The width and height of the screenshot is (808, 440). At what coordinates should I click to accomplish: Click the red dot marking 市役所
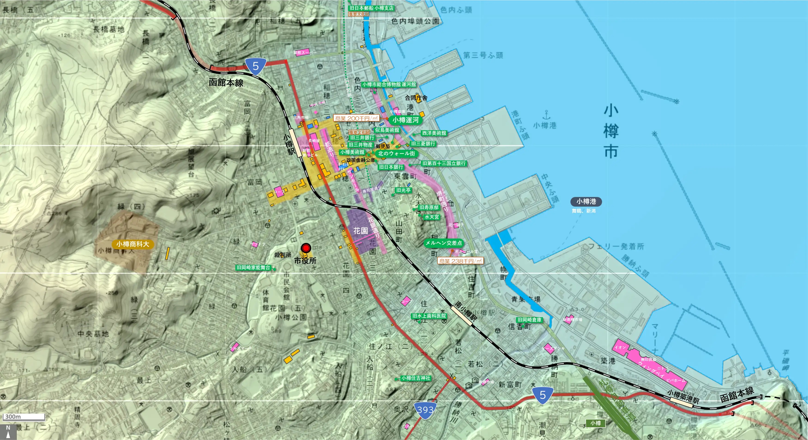tap(306, 248)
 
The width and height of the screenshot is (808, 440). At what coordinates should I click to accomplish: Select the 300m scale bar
tap(24, 417)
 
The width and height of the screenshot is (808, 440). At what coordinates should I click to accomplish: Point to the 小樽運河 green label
tap(405, 120)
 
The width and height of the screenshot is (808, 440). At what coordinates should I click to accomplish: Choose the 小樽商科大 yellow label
tap(133, 244)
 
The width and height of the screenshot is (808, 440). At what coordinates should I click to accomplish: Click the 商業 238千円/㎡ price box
tap(460, 261)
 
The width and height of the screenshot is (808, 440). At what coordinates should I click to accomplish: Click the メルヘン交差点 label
tap(443, 243)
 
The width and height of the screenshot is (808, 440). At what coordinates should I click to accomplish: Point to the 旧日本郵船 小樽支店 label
tap(371, 8)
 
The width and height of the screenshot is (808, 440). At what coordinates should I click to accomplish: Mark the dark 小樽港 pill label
tap(586, 201)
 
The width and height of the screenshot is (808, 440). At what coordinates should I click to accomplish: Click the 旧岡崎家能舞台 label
tap(253, 268)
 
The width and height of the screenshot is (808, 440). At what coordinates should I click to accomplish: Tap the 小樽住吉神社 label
tap(416, 378)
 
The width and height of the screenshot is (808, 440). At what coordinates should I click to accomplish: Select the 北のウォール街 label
tap(396, 154)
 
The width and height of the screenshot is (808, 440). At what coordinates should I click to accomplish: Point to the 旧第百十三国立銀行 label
tap(444, 163)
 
